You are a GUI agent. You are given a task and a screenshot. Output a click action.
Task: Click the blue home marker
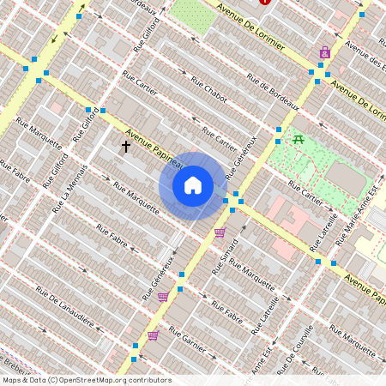pyautogui.click(x=193, y=185)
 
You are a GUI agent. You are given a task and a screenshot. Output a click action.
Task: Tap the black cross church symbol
pyautogui.click(x=125, y=147)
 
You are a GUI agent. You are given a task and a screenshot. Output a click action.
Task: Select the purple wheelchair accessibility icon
pyautogui.click(x=323, y=52)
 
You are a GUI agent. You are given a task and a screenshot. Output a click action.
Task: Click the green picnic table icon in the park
pyautogui.click(x=299, y=139)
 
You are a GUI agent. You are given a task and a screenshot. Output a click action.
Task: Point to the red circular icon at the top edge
pyautogui.click(x=264, y=2)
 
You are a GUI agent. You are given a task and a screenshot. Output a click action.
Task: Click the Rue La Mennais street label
pyautogui.click(x=69, y=188)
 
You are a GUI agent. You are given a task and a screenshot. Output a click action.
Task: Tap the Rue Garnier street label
pyautogui.click(x=189, y=341)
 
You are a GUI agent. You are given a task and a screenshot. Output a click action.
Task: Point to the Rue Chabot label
pyautogui.click(x=208, y=91)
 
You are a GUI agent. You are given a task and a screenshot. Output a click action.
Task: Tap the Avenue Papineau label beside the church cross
pyautogui.click(x=154, y=148)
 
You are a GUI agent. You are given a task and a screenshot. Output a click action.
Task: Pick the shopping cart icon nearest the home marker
pyautogui.click(x=220, y=232)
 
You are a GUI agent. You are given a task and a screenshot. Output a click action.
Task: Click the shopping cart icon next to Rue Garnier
pyautogui.click(x=153, y=335)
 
